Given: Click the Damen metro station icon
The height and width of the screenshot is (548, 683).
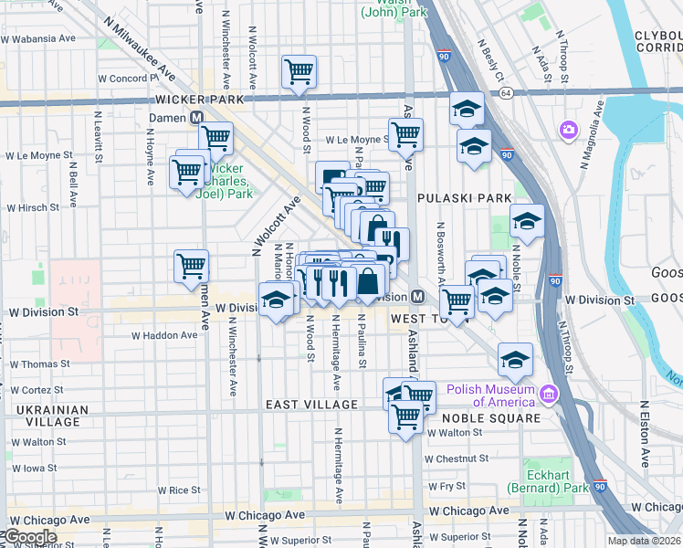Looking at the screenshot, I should click(196, 118).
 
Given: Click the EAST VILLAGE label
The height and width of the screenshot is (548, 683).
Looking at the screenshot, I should click(311, 405).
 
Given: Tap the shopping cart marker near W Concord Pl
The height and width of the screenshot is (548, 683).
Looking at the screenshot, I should click(299, 70).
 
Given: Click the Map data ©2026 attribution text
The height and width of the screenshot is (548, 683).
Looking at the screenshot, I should click(644, 541).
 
